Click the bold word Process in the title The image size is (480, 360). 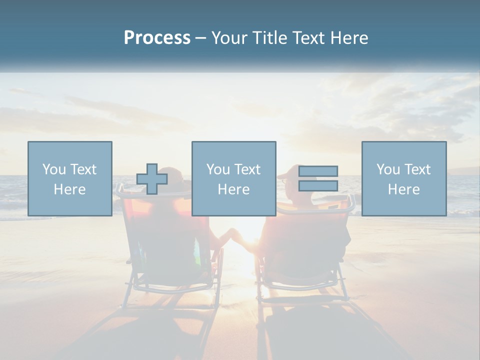157,38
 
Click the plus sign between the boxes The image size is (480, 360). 152,179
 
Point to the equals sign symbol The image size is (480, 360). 318,178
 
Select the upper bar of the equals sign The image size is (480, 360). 318,171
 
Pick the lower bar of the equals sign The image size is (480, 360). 318,185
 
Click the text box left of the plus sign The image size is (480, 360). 70,178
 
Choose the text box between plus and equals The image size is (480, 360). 233,178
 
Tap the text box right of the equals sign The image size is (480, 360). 403,178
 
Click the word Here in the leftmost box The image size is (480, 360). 69,189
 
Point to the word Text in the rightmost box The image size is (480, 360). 417,169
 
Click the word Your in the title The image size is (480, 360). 228,38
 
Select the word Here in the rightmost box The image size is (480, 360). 403,189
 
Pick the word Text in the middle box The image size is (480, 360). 247,169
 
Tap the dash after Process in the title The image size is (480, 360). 201,38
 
